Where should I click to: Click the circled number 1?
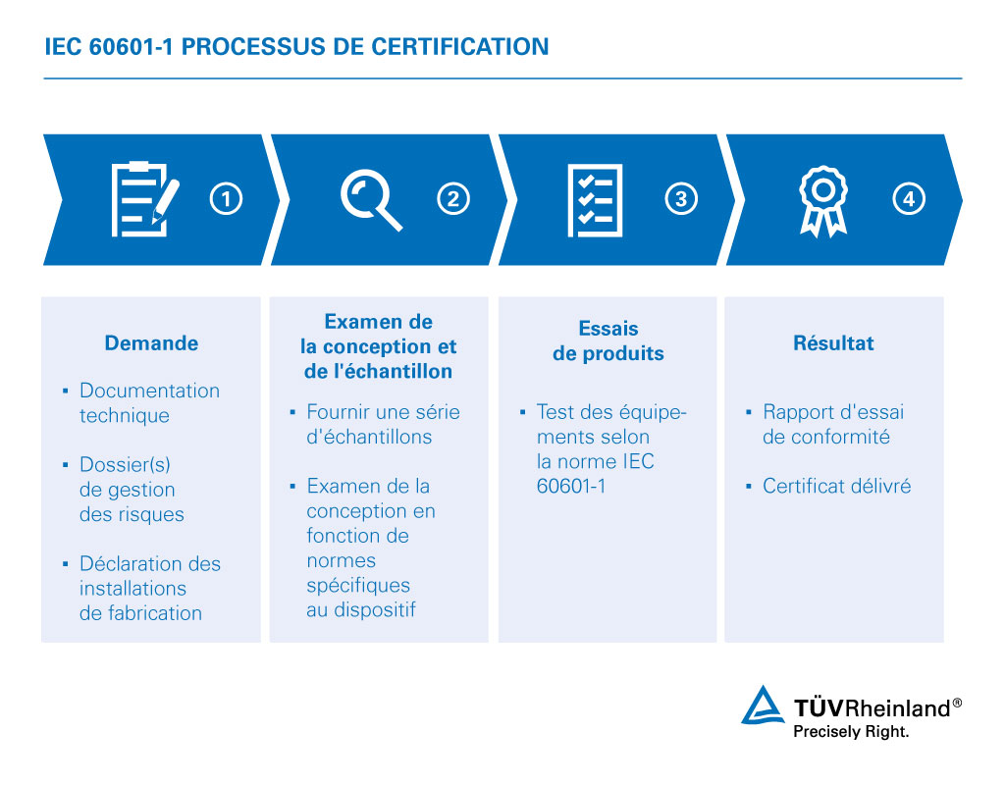[226, 198]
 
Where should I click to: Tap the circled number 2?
[453, 198]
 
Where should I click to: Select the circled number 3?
[681, 198]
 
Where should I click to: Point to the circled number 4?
[908, 198]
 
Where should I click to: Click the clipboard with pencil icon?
[145, 199]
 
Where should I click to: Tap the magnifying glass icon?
[371, 199]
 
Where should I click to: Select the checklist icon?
[595, 200]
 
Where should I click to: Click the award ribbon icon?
[823, 201]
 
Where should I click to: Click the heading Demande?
[151, 342]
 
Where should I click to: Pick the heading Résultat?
[833, 342]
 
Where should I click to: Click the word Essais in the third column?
[608, 328]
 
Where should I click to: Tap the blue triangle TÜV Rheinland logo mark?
[762, 706]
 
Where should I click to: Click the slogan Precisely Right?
[851, 731]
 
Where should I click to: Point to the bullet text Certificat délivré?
[836, 486]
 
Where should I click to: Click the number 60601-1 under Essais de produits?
[571, 487]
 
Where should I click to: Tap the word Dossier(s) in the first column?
[125, 464]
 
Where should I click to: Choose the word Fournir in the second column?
[330, 411]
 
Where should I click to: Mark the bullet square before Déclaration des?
[66, 564]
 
